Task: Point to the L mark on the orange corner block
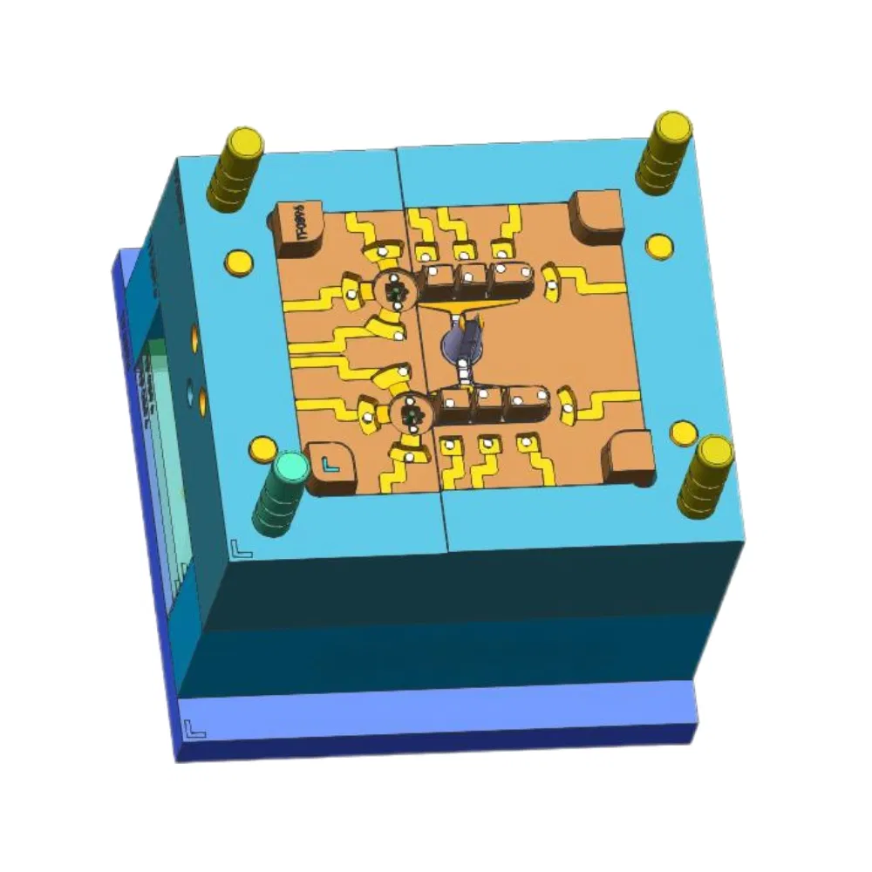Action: (330, 463)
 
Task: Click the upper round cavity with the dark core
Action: (396, 292)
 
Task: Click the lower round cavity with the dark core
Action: (412, 412)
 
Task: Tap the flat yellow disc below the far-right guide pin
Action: (659, 246)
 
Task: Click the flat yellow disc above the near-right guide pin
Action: (683, 432)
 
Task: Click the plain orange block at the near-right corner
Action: (630, 460)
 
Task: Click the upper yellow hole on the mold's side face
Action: (193, 334)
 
